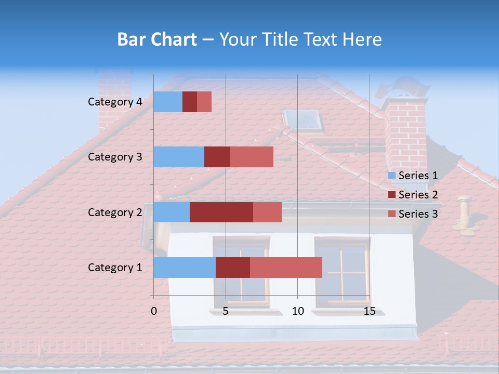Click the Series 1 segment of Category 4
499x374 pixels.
[168, 102]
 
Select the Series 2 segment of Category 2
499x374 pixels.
[221, 212]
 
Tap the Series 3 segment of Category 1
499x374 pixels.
[286, 268]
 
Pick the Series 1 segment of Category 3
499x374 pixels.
[179, 157]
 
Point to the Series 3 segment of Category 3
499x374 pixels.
[252, 157]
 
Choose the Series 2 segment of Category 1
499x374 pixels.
[233, 268]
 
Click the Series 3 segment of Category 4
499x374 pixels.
[204, 102]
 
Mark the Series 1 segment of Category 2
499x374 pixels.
[172, 212]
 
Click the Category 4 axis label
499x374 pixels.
[115, 102]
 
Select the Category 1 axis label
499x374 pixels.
[115, 268]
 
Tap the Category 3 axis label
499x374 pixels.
[115, 157]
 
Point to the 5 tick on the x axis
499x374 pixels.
[226, 311]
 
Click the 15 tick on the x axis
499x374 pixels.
[370, 311]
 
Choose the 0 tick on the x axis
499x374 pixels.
[154, 311]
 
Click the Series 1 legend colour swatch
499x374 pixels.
[391, 176]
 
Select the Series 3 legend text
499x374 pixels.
[418, 214]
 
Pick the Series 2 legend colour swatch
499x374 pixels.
[391, 195]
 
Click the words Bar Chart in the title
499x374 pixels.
[157, 39]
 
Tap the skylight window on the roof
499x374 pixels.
[305, 121]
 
